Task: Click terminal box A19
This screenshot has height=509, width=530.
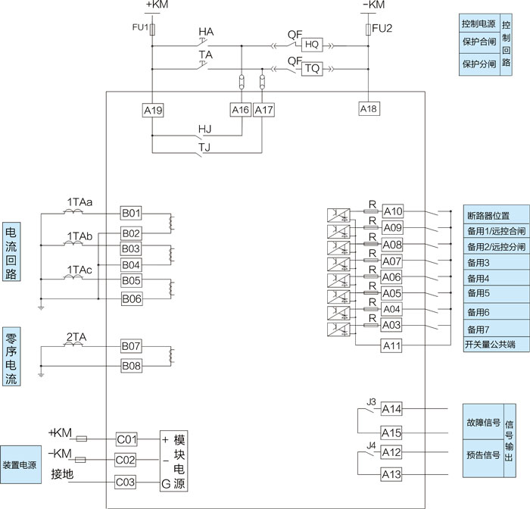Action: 153,110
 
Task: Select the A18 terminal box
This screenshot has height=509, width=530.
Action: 368,109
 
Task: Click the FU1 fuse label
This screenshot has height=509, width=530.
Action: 139,28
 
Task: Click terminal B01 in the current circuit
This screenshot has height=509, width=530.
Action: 131,213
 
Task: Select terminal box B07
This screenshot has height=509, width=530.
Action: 131,346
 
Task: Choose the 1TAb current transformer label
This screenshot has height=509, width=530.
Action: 79,237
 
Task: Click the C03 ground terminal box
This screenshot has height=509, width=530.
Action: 126,481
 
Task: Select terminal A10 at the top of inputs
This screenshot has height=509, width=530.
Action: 392,211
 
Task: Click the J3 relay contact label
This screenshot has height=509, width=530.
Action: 370,401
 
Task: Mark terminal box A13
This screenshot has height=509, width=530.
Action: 391,474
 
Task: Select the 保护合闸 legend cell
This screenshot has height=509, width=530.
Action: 478,43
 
